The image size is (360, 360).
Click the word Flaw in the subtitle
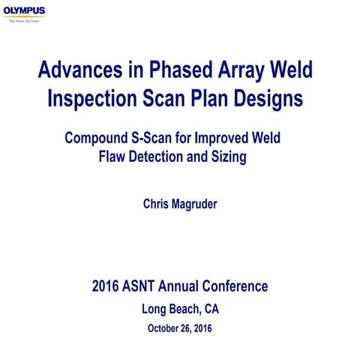click(x=114, y=157)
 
